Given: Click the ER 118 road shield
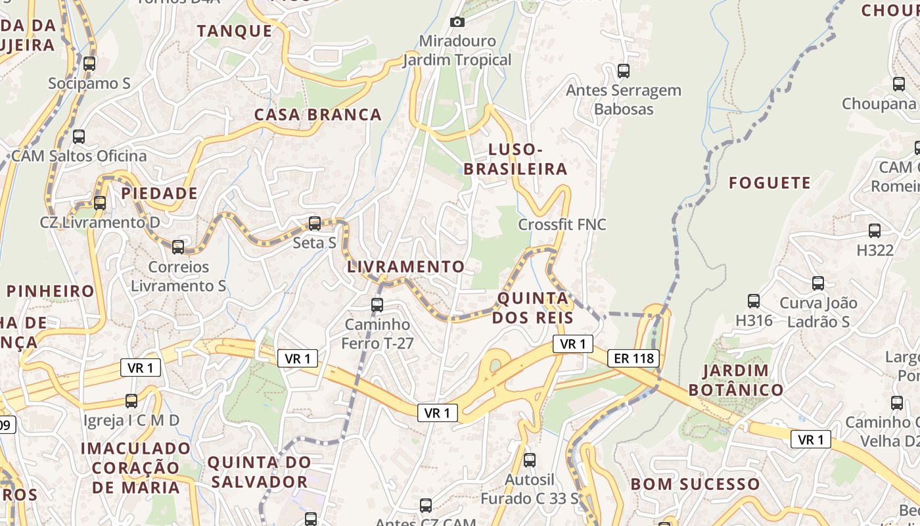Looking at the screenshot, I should click(x=633, y=358).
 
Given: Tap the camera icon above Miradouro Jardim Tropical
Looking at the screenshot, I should click(x=457, y=22).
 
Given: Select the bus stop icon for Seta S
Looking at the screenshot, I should click(x=315, y=224).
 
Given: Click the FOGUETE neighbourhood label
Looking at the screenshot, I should click(x=770, y=183).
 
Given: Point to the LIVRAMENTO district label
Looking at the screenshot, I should click(x=405, y=267).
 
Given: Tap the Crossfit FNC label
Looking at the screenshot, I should click(x=562, y=224).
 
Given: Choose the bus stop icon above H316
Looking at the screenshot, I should click(x=754, y=301).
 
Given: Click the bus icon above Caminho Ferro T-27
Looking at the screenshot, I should click(x=377, y=305).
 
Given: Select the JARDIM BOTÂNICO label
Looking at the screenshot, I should click(x=736, y=380).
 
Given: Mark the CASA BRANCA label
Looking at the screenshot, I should click(x=318, y=114).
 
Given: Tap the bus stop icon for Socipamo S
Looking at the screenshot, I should click(x=89, y=64).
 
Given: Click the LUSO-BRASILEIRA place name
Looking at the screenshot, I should click(x=515, y=160).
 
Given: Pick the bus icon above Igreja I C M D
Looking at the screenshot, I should click(x=131, y=401).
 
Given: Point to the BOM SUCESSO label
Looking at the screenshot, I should click(x=695, y=485).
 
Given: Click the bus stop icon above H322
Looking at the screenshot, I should click(x=875, y=231).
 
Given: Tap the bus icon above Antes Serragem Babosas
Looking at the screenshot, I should click(x=624, y=70).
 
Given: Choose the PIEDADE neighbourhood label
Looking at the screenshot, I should click(x=159, y=193).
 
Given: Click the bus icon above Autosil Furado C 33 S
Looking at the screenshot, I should click(x=530, y=460).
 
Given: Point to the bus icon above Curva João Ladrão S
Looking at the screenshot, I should click(x=818, y=283).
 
